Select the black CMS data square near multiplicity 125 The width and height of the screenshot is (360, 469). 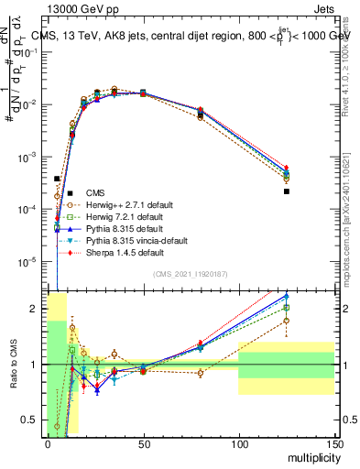pos(287,191)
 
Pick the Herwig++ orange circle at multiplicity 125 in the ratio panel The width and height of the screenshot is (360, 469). pos(287,321)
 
